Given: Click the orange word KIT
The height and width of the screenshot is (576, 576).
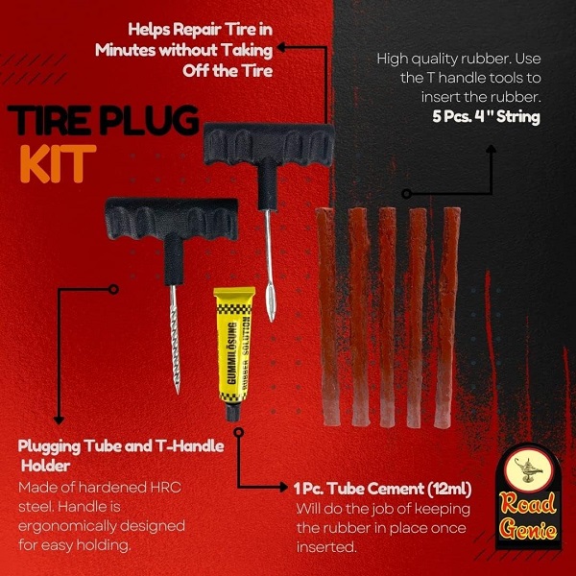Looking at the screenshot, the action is click(x=58, y=163).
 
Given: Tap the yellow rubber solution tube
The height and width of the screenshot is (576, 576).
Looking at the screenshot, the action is click(x=234, y=353).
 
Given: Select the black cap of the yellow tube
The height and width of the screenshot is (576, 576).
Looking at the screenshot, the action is click(x=232, y=412).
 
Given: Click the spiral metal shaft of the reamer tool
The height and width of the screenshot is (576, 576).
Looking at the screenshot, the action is click(x=175, y=340).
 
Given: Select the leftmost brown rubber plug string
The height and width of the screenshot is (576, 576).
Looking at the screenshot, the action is click(x=327, y=316).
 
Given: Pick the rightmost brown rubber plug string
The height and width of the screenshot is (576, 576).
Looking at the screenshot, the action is click(x=447, y=318).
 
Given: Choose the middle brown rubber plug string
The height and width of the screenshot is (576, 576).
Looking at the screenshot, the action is click(x=387, y=318).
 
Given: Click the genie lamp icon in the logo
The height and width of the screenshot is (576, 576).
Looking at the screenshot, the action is click(x=529, y=469).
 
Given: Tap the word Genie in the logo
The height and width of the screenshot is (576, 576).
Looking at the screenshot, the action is click(x=529, y=529).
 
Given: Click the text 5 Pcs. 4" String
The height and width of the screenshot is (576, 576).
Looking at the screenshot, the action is click(x=486, y=117).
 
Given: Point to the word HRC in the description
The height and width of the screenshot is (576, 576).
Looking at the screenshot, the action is click(x=164, y=488).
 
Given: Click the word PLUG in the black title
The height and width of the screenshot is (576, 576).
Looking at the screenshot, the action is click(x=149, y=120).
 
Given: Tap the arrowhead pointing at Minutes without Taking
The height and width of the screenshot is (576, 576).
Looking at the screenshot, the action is click(x=281, y=47).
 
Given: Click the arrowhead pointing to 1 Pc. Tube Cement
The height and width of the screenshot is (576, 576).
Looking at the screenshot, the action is click(x=283, y=487).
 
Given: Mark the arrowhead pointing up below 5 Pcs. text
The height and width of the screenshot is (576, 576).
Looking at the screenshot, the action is click(x=491, y=149).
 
